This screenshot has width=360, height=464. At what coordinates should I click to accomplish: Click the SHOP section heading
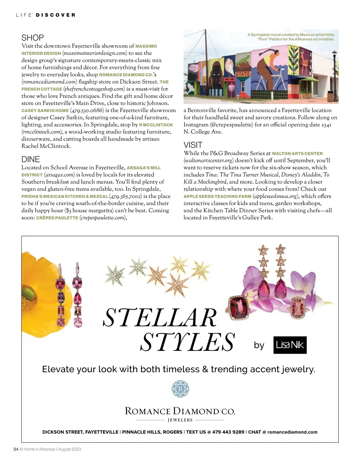pos(32,38)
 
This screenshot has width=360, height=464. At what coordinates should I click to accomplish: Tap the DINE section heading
pos(31,159)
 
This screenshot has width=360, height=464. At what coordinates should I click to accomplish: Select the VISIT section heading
pos(193,145)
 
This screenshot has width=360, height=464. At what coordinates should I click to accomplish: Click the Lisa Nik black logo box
pos(290,345)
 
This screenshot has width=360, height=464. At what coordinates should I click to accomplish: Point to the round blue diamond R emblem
pos(180,389)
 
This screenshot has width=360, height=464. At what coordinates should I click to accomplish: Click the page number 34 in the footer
pos(16,449)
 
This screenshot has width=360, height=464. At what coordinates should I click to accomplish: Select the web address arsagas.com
pos(59,175)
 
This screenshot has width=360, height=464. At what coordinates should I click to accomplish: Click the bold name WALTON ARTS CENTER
pos(297,153)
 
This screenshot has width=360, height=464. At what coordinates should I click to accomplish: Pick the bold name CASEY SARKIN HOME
pos(45,111)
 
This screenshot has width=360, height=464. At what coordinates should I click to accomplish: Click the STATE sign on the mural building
pos(243,74)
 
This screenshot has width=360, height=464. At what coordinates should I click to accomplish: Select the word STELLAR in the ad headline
pos(160,318)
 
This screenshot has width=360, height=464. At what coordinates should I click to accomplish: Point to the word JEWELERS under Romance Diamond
pos(180,420)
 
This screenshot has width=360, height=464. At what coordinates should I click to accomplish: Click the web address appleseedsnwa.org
pos(276,196)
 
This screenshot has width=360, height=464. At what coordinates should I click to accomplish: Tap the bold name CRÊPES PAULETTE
pos(57,218)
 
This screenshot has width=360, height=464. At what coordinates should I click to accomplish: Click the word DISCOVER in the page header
pos(55,15)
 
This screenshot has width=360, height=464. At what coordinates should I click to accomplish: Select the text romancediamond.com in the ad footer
pos(292,432)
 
